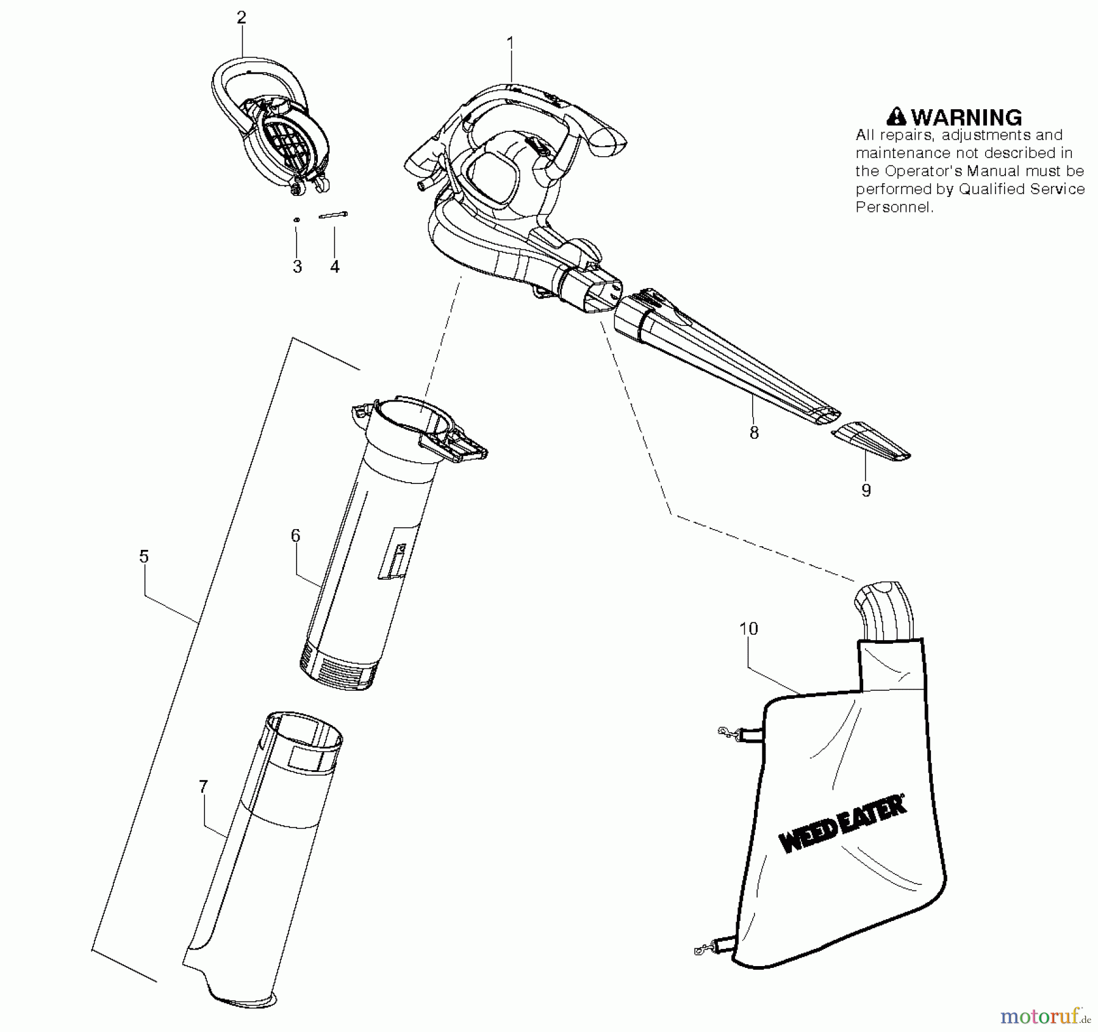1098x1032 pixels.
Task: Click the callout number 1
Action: pos(510,43)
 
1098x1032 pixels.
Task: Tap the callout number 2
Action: pos(242,18)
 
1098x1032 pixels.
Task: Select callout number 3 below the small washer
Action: pos(297,267)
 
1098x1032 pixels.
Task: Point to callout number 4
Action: pos(335,267)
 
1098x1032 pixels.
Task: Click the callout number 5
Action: pos(144,556)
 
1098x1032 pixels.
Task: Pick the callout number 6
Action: pos(295,536)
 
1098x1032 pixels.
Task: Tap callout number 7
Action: pos(204,787)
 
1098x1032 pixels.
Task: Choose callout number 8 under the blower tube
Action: pos(754,433)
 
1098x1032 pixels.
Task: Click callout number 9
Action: pos(866,490)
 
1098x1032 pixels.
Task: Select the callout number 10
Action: pos(748,629)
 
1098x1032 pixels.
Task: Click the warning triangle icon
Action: pos(897,117)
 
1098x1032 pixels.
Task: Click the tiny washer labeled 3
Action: pos(296,219)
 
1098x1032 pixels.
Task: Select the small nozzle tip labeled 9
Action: pos(871,439)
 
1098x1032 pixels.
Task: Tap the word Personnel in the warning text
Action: pos(894,207)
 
